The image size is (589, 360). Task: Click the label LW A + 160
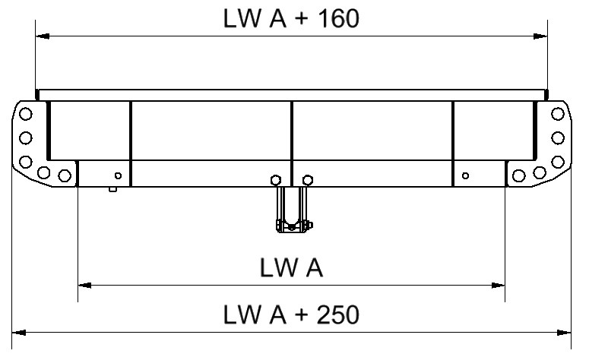[x=291, y=18]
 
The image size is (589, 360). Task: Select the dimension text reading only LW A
[x=291, y=267]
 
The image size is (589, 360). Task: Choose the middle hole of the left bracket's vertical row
[x=25, y=137]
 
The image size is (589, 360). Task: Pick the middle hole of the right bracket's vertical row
[x=558, y=137]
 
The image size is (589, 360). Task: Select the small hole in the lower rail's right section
[x=466, y=176]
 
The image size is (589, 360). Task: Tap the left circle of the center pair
[x=275, y=180]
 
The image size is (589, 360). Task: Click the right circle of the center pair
[x=307, y=180]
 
